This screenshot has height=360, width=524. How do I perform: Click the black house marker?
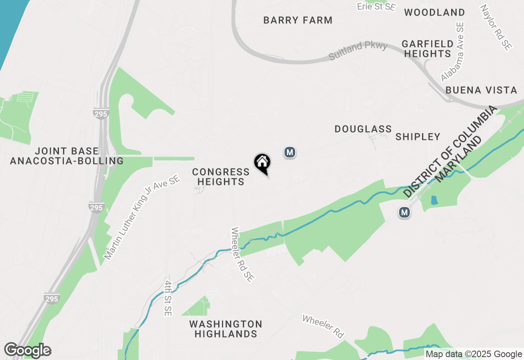pos(262,163)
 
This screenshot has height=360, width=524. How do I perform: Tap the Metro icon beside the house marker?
pos(290,153)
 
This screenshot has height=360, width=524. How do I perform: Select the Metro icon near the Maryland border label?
pos(404,212)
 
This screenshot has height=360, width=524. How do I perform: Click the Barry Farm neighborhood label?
pos(298,20)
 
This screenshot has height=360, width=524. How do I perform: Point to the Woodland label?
pos(434,12)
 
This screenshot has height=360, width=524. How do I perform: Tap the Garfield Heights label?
pos(427,49)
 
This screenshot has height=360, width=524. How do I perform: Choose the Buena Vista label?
pos(481,90)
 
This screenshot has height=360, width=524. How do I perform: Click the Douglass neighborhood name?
pos(363,129)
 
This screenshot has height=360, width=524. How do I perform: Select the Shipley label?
pos(418,137)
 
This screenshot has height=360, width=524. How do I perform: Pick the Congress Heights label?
pos(221,177)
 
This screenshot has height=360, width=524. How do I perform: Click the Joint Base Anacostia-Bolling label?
pos(67,156)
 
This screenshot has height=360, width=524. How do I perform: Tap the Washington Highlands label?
pos(226,329)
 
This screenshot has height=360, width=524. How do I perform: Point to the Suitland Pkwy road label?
pos(358,51)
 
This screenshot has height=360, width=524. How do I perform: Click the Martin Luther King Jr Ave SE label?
pos(142,218)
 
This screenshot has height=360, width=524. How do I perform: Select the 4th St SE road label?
pos(168,298)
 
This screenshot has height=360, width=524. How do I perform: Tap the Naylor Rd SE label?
pos(496,27)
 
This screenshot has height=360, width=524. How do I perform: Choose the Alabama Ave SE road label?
pos(453,52)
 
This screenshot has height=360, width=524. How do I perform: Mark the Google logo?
pos(27,351)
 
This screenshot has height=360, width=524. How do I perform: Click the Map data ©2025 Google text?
pos(474,354)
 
